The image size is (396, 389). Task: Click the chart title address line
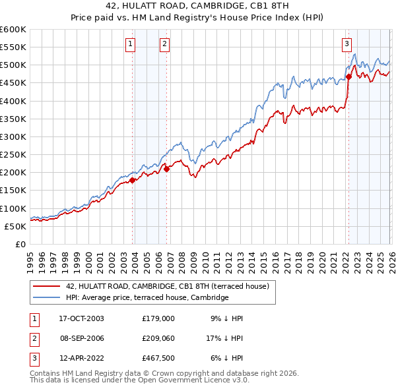(x=198, y=5)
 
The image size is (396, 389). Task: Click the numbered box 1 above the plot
(x=130, y=44)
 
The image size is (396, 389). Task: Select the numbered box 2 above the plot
(x=164, y=44)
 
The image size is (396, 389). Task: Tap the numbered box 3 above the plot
(x=346, y=44)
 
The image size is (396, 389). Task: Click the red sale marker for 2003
(x=132, y=179)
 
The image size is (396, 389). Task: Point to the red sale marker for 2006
(x=166, y=169)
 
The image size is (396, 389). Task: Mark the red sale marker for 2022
(x=348, y=76)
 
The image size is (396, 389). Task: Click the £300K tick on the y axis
(x=13, y=136)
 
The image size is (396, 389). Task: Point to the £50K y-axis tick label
(x=16, y=226)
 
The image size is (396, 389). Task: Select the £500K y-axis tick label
(x=13, y=65)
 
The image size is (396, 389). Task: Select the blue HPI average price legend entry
(x=147, y=298)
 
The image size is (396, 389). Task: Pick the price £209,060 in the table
(x=158, y=339)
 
